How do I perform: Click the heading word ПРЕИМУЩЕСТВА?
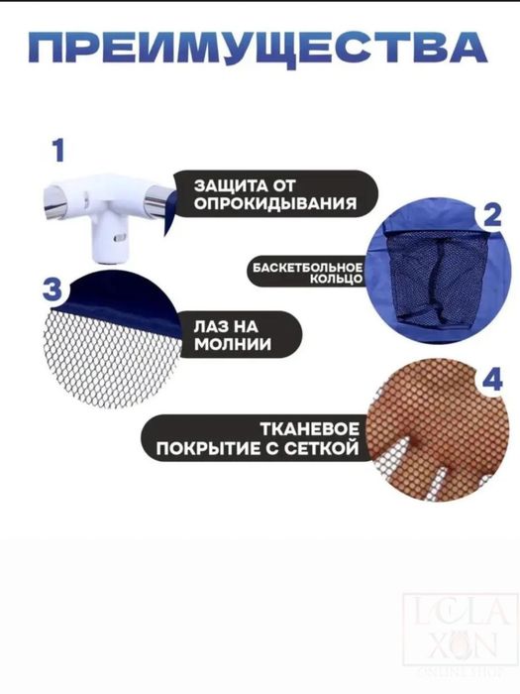[x=260, y=47]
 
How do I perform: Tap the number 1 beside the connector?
[x=58, y=151]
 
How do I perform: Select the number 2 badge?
[x=488, y=217]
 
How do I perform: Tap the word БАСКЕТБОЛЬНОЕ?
[x=307, y=268]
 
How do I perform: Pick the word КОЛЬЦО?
[x=336, y=283]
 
